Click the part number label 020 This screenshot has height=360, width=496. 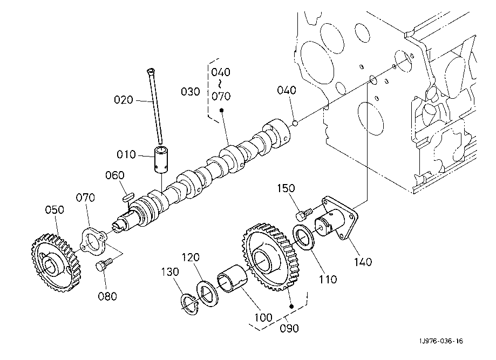[x=124, y=100]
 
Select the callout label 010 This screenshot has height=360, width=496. [x=126, y=155]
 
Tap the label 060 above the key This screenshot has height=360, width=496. [x=115, y=175]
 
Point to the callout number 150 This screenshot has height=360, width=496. [x=286, y=188]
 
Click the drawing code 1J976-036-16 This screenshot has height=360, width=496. [x=441, y=341]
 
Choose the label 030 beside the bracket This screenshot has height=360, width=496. [x=191, y=92]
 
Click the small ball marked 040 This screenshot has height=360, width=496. [x=295, y=123]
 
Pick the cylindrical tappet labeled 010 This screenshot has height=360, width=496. [x=161, y=160]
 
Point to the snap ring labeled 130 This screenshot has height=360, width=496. [x=189, y=304]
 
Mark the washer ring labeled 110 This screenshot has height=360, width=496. [x=304, y=237]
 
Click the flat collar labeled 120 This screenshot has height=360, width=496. [x=207, y=294]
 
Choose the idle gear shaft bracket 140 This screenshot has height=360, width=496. [x=336, y=219]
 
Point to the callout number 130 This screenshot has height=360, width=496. [x=170, y=271]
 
